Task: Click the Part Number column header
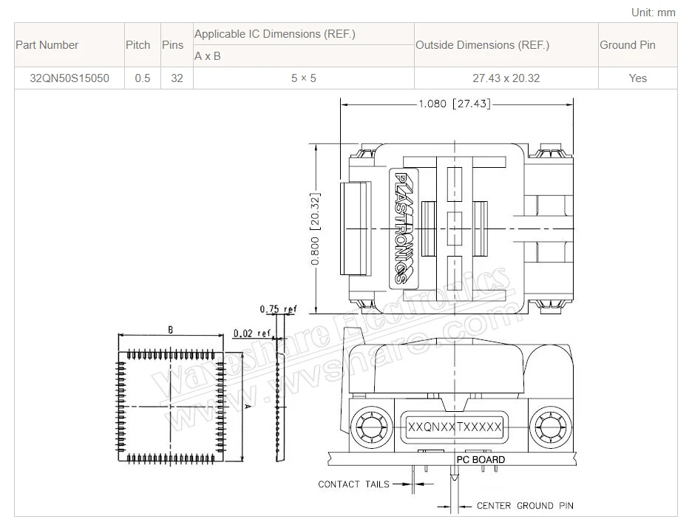pos(47,45)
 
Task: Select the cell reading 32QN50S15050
pos(69,78)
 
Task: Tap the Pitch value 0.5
pos(143,78)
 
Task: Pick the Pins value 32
pos(177,78)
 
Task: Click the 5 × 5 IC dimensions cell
pos(304,78)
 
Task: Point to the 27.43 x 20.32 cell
pos(506,78)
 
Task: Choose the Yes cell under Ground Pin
pos(637,78)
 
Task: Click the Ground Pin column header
pos(628,45)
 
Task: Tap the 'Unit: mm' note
pos(654,13)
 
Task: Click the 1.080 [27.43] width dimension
pos(455,104)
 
